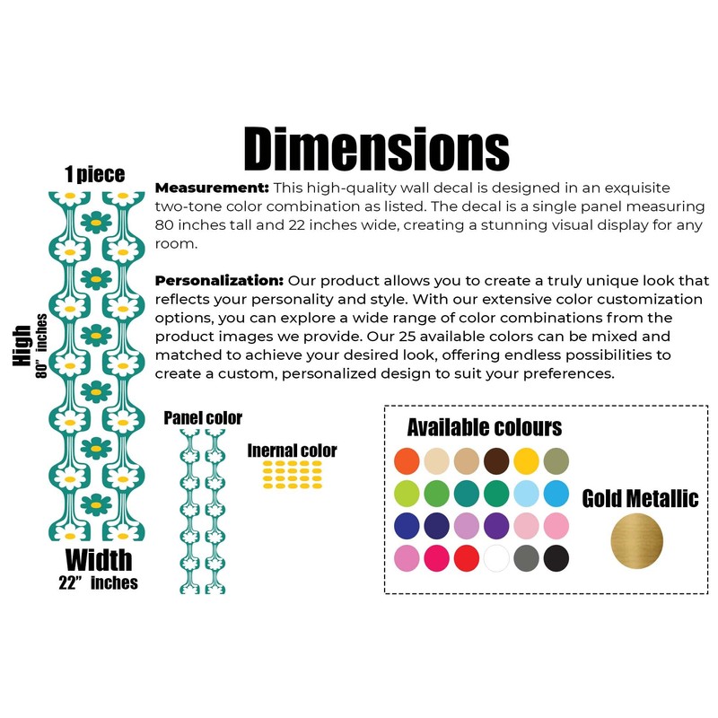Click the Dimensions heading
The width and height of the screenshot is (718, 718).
tap(376, 149)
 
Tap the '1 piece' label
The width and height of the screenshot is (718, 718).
tap(94, 174)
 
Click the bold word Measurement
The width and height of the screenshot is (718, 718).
tap(212, 188)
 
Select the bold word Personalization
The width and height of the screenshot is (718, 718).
tap(220, 279)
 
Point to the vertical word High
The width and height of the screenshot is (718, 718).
tap(22, 345)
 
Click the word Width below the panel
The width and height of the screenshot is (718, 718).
tap(98, 560)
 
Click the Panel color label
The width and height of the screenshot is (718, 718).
tap(203, 418)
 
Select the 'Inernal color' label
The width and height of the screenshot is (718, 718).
tap(293, 451)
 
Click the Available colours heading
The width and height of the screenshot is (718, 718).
tap(484, 426)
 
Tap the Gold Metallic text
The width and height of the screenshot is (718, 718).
tap(640, 499)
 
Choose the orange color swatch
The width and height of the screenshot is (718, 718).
tap(407, 460)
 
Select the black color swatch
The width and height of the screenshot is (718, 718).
tap(556, 558)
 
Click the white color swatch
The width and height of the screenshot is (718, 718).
tap(496, 558)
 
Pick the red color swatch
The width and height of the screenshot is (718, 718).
tap(467, 558)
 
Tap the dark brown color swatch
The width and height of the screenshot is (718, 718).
tap(496, 460)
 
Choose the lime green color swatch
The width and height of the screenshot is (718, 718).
tap(407, 493)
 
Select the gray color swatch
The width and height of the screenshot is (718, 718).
tap(526, 558)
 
